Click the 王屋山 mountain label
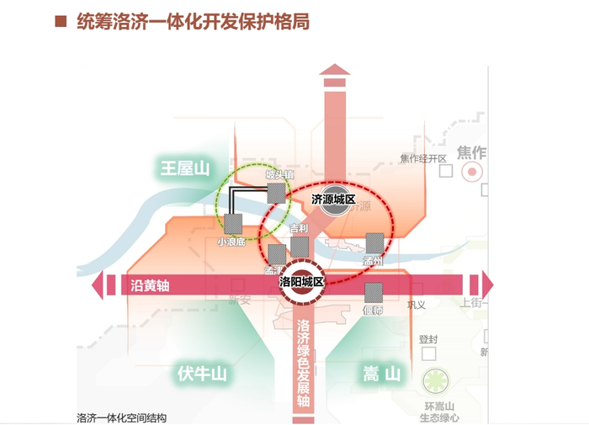184,168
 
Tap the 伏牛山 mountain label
203,373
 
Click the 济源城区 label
334,200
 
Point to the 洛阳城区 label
301,283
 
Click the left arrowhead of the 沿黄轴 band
99,285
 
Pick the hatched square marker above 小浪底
233,224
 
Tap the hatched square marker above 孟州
375,243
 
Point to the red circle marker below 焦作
473,172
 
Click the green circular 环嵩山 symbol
437,382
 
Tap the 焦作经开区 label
422,158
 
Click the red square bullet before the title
60,22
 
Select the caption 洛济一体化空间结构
121,417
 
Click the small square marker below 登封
427,357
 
